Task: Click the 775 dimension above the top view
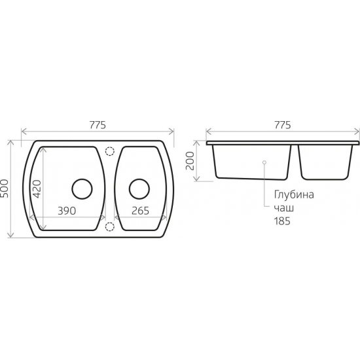coord(98,125)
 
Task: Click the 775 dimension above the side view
coord(282,125)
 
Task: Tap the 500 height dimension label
coord(5,189)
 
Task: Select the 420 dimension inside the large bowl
coord(37,189)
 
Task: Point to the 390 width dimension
coord(67,211)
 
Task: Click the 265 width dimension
coord(140,211)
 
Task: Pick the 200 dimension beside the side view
coord(190,161)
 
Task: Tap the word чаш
coord(284,208)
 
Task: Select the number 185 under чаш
coord(282,221)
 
